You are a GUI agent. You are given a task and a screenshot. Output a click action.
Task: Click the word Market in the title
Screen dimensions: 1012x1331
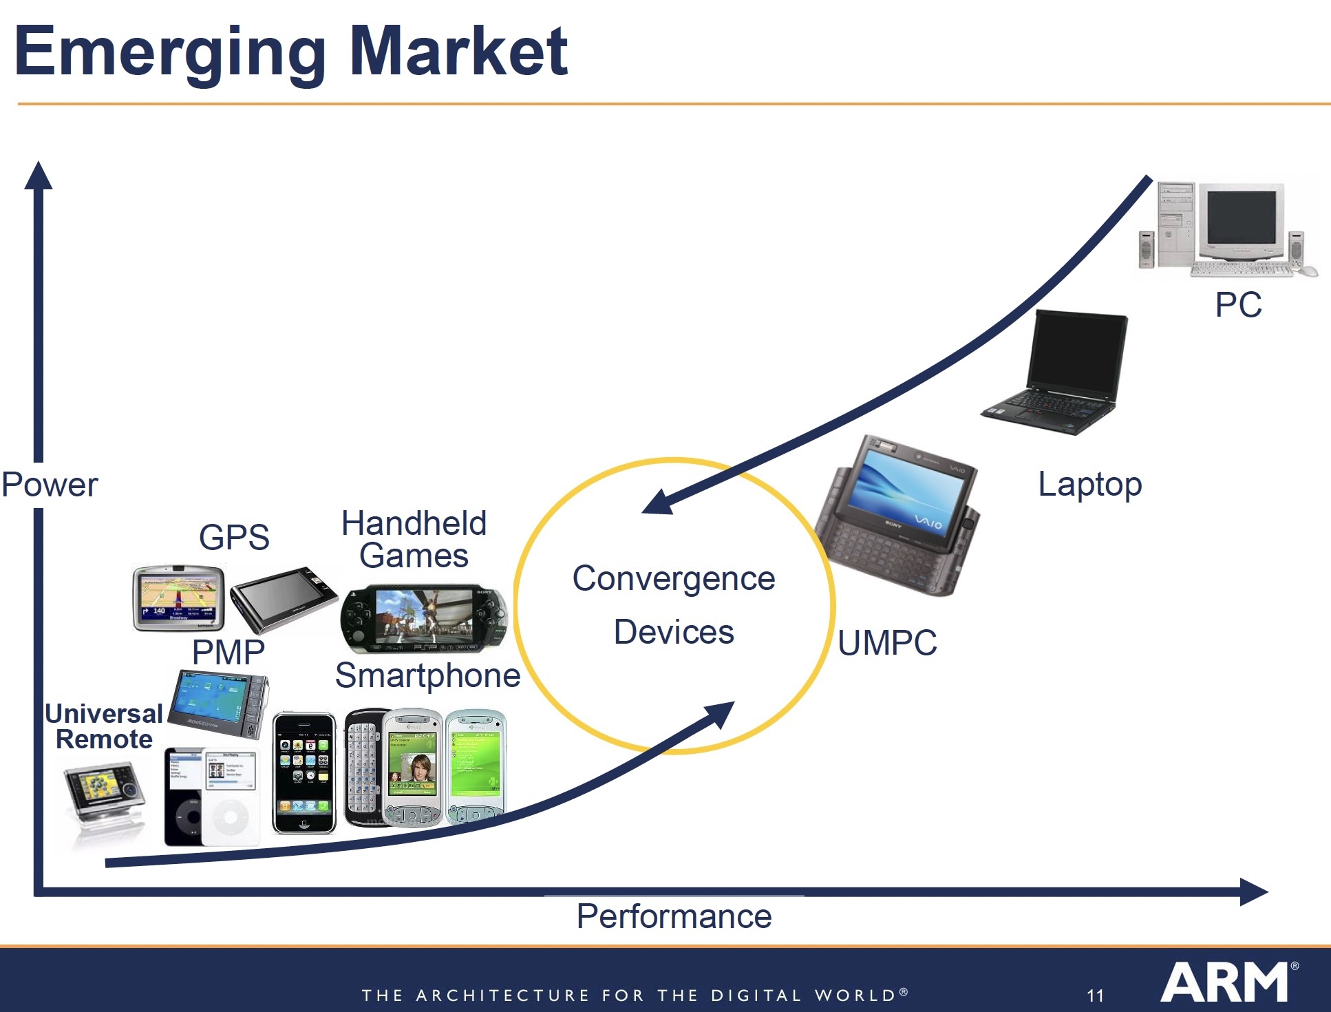click(x=458, y=51)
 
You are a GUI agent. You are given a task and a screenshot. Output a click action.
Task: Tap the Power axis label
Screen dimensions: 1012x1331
click(x=50, y=485)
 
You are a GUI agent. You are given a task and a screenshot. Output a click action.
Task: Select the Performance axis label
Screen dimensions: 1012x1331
click(x=674, y=917)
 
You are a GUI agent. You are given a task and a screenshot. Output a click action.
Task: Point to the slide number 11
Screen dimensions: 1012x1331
click(x=1095, y=996)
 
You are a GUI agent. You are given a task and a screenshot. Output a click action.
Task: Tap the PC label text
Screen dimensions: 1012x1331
click(x=1238, y=305)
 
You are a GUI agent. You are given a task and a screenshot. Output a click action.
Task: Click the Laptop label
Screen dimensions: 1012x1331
click(x=1089, y=485)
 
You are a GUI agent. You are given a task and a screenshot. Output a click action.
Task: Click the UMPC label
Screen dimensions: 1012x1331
click(x=887, y=644)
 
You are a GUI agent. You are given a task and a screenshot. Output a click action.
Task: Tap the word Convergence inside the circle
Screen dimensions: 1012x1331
click(x=674, y=579)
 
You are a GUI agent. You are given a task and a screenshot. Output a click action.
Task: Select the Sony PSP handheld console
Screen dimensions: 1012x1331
click(x=424, y=618)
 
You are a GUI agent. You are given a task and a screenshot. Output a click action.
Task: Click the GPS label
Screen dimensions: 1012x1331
click(x=234, y=538)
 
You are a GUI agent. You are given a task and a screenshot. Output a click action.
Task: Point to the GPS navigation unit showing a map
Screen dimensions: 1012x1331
click(x=179, y=598)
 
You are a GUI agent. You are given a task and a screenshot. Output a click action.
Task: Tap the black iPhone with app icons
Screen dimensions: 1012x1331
click(x=304, y=772)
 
